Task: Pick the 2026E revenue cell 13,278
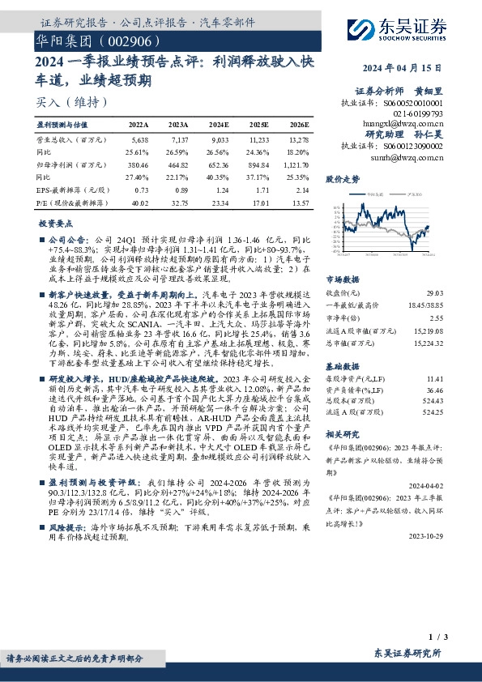(298, 140)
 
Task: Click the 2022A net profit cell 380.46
(139, 164)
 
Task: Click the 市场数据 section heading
(342, 279)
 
